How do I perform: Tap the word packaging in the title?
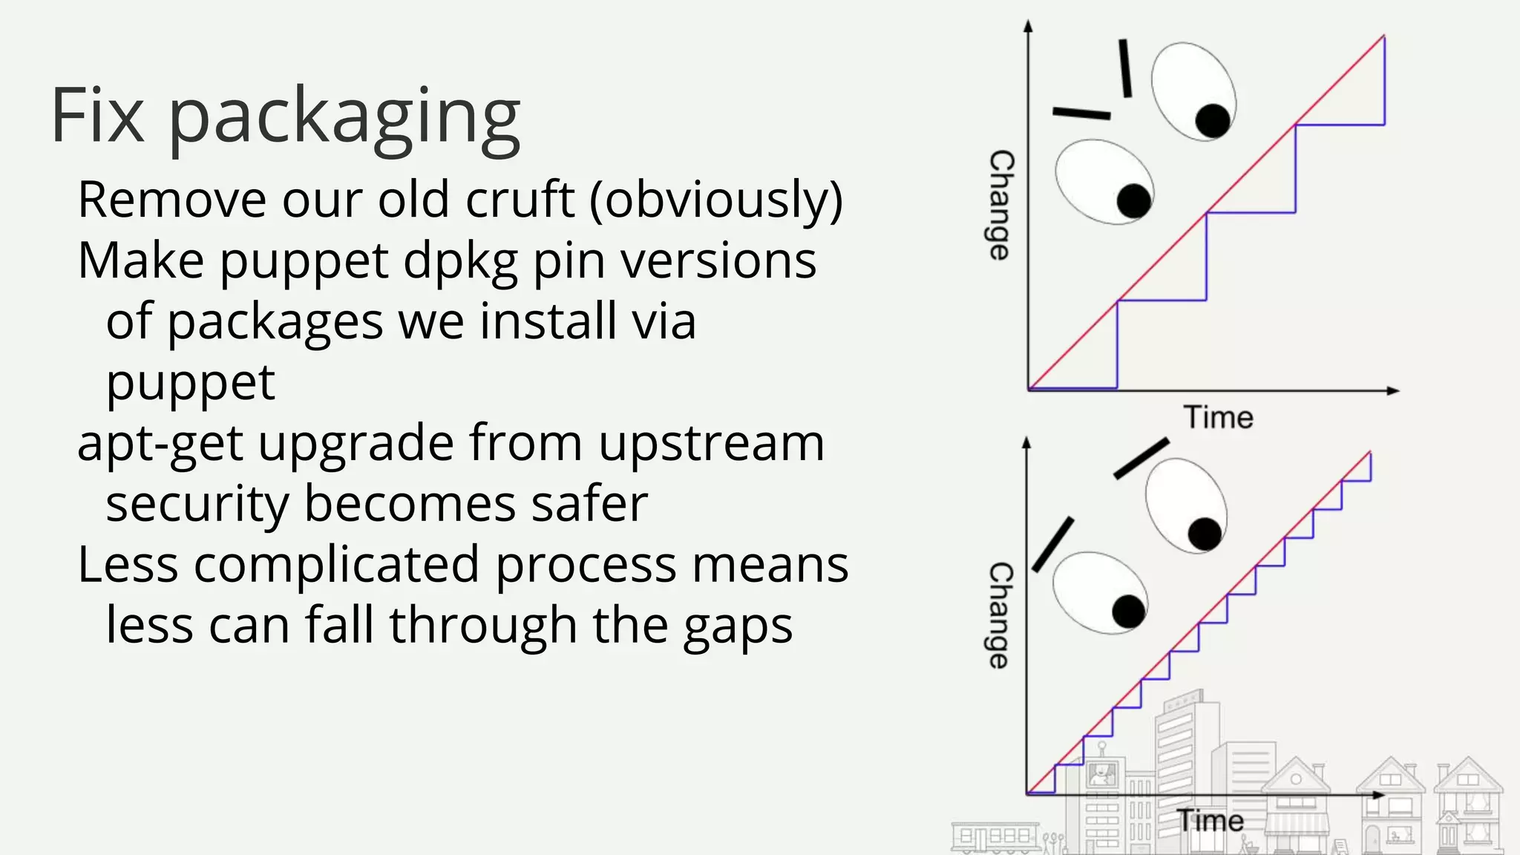click(345, 119)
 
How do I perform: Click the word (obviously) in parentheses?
click(716, 200)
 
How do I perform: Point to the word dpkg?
click(460, 262)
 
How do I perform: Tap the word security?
click(197, 505)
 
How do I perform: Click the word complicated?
click(338, 566)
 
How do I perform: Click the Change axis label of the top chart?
click(1001, 205)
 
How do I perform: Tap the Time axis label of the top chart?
click(1218, 417)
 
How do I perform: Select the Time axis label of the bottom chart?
click(1211, 821)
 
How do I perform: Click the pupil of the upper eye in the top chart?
click(1213, 121)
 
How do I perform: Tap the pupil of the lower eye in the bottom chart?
click(1129, 612)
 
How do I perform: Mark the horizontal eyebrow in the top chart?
click(1081, 114)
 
